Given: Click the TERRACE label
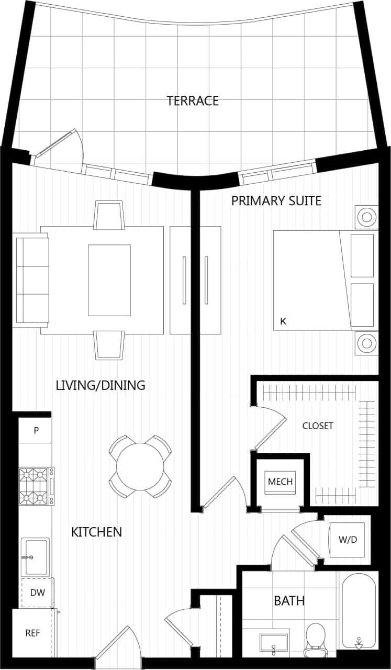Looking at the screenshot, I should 193,100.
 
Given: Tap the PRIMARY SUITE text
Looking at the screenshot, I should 276,200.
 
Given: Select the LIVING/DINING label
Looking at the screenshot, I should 100,386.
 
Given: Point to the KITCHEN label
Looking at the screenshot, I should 96,532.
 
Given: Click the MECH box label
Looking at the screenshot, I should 280,481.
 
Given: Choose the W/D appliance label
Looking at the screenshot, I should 348,539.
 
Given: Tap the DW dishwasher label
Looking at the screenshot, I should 36,593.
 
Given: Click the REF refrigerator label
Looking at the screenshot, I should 32,633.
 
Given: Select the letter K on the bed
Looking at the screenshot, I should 283,321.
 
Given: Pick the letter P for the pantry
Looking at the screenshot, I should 36,431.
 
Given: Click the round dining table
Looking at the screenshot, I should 140,466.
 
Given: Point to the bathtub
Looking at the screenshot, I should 359,610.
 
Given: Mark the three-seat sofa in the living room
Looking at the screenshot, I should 32,280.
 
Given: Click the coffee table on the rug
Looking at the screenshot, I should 109,280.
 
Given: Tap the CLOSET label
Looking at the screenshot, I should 318,426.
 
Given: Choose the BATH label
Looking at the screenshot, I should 289,600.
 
